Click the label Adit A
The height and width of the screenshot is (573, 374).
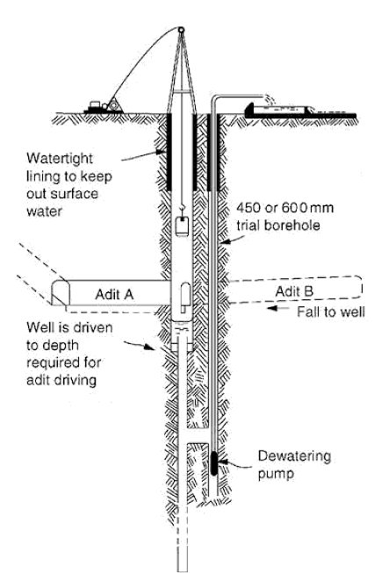click(x=114, y=294)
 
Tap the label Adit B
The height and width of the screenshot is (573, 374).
click(x=294, y=291)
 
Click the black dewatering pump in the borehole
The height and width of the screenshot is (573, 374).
click(x=214, y=463)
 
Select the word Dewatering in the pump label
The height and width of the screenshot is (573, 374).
click(x=294, y=456)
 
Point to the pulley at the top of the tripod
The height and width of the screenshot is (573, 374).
click(x=180, y=29)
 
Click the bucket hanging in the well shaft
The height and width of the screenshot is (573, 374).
click(x=182, y=226)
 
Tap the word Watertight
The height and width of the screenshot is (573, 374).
click(x=60, y=159)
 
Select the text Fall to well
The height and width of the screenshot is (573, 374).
click(x=331, y=312)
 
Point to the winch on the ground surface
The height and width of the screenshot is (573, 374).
click(x=104, y=106)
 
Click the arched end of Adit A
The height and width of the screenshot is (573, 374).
click(x=61, y=292)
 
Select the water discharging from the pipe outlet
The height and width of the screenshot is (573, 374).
click(x=270, y=99)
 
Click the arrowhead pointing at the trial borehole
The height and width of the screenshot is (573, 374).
click(x=224, y=241)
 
